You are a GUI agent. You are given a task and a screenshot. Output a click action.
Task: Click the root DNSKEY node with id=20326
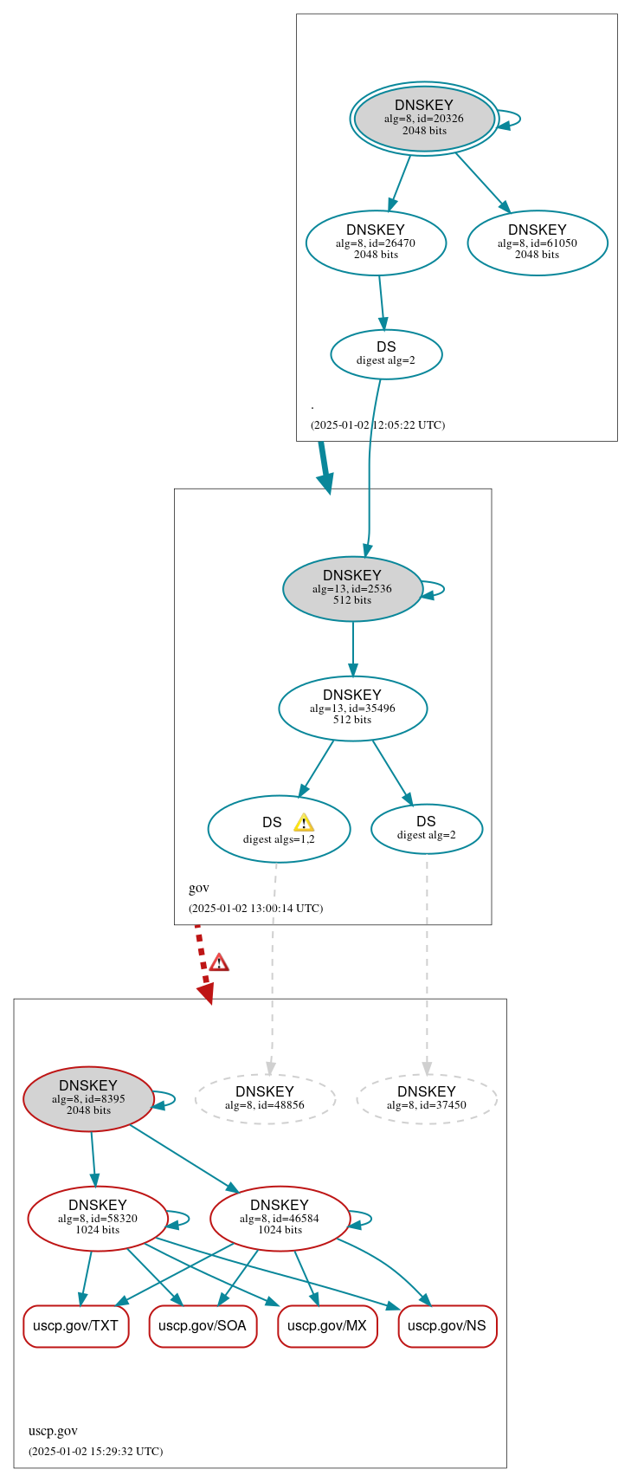[424, 118]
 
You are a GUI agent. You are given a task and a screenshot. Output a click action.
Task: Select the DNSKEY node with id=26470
[376, 243]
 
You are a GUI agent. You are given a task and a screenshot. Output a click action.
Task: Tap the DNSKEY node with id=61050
[538, 243]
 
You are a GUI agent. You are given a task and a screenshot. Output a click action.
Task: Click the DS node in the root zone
[386, 353]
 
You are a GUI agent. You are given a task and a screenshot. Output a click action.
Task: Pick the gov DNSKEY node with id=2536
[352, 588]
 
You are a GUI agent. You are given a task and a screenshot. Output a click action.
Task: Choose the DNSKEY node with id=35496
[352, 708]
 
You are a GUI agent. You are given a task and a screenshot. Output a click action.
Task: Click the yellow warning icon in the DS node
[304, 823]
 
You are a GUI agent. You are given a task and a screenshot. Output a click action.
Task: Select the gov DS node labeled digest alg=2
[427, 828]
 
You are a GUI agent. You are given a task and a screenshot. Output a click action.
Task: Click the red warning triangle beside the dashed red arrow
[219, 962]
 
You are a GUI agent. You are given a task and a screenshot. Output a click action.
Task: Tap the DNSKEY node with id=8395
[88, 1098]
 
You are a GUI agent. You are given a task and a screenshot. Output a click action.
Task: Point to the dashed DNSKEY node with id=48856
[265, 1098]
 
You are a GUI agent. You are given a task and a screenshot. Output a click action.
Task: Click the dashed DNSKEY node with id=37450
[427, 1098]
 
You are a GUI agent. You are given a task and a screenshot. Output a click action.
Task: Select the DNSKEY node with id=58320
[98, 1218]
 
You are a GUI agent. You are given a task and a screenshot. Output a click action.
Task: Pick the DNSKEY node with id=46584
[280, 1218]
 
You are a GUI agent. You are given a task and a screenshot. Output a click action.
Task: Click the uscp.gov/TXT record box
[76, 1325]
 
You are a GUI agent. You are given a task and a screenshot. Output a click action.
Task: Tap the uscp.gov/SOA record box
[203, 1325]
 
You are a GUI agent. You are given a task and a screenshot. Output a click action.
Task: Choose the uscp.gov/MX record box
[327, 1325]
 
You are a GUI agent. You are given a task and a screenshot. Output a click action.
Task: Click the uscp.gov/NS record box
[447, 1325]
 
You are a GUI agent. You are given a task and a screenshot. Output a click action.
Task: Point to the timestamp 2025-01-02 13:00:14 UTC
[255, 909]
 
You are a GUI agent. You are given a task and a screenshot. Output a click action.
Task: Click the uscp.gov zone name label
[53, 1430]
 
